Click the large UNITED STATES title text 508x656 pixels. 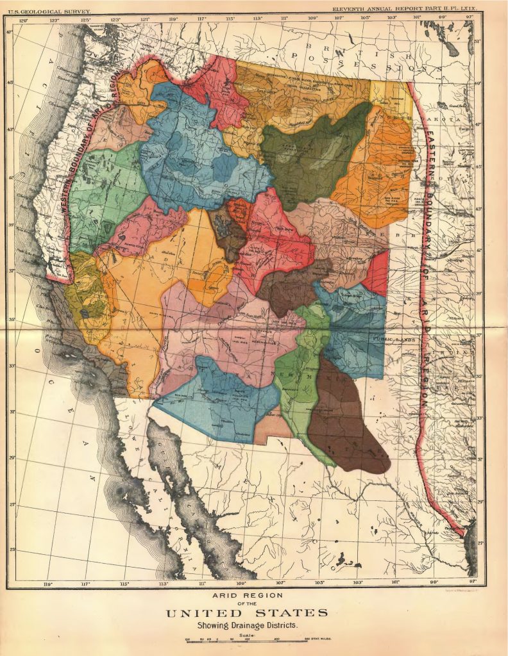(247, 613)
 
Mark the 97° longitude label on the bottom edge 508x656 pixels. (473, 583)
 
